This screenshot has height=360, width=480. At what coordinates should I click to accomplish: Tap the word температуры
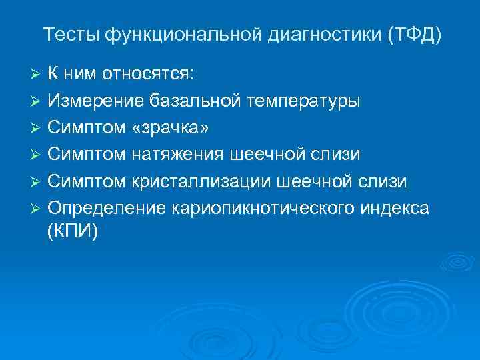tap(304, 101)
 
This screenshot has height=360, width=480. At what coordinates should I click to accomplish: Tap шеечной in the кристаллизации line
tap(317, 181)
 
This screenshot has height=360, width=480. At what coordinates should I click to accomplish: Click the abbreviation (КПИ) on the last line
tap(73, 231)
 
